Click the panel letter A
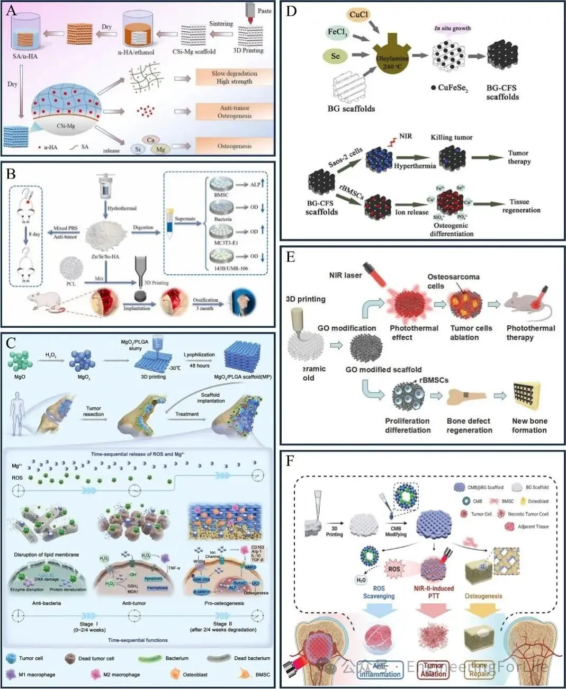coord(11,11)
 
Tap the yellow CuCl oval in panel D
coord(358,15)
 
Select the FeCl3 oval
coord(337,33)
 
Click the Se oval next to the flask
coord(336,56)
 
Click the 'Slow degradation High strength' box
coord(234,77)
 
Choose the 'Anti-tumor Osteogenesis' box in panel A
coord(234,112)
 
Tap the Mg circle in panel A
coord(160,149)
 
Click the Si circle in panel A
coord(138,149)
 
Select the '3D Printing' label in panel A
coord(248,51)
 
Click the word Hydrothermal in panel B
coord(122,208)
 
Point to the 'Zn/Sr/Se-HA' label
coord(105,256)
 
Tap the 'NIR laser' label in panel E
coord(345,275)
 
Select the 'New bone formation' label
coord(529,425)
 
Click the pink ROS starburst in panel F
coord(394,569)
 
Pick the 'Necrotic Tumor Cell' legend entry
coord(528,514)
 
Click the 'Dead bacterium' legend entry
coord(251,658)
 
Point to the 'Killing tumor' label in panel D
coord(451,137)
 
